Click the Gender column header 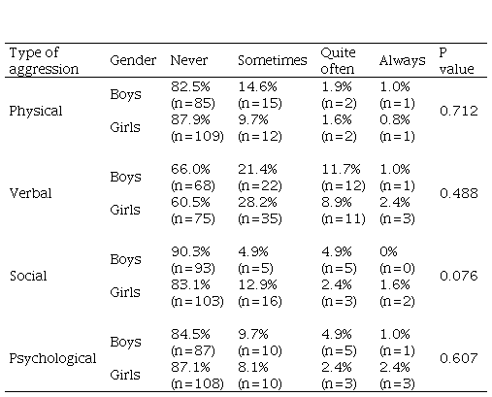(133, 60)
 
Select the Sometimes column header (273, 60)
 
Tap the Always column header (403, 61)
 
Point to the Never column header (189, 60)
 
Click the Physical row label (36, 111)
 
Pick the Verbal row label (30, 193)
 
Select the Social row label (28, 276)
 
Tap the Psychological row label (52, 358)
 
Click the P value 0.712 (459, 111)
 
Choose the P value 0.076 (459, 276)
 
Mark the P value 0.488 (459, 193)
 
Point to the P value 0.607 (459, 358)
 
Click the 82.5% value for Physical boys (190, 86)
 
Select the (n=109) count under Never (197, 136)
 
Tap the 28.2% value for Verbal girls (257, 202)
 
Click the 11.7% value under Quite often (341, 169)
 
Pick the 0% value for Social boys (388, 251)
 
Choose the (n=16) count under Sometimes (260, 301)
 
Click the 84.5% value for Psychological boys (190, 334)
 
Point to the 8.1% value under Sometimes (253, 367)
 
